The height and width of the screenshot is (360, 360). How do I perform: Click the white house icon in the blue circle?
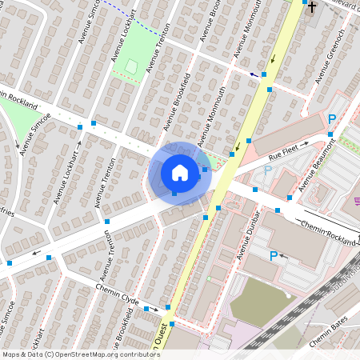point(180,172)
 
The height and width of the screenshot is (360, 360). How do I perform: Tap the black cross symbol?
point(313,10)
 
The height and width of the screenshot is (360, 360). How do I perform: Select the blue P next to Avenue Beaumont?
point(332,119)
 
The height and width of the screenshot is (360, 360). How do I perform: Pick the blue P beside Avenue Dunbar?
point(273,256)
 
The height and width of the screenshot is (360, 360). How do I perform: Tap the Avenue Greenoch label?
point(329,57)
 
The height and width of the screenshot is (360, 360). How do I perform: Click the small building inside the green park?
point(131,65)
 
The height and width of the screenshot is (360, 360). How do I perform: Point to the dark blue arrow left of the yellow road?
point(254,74)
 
